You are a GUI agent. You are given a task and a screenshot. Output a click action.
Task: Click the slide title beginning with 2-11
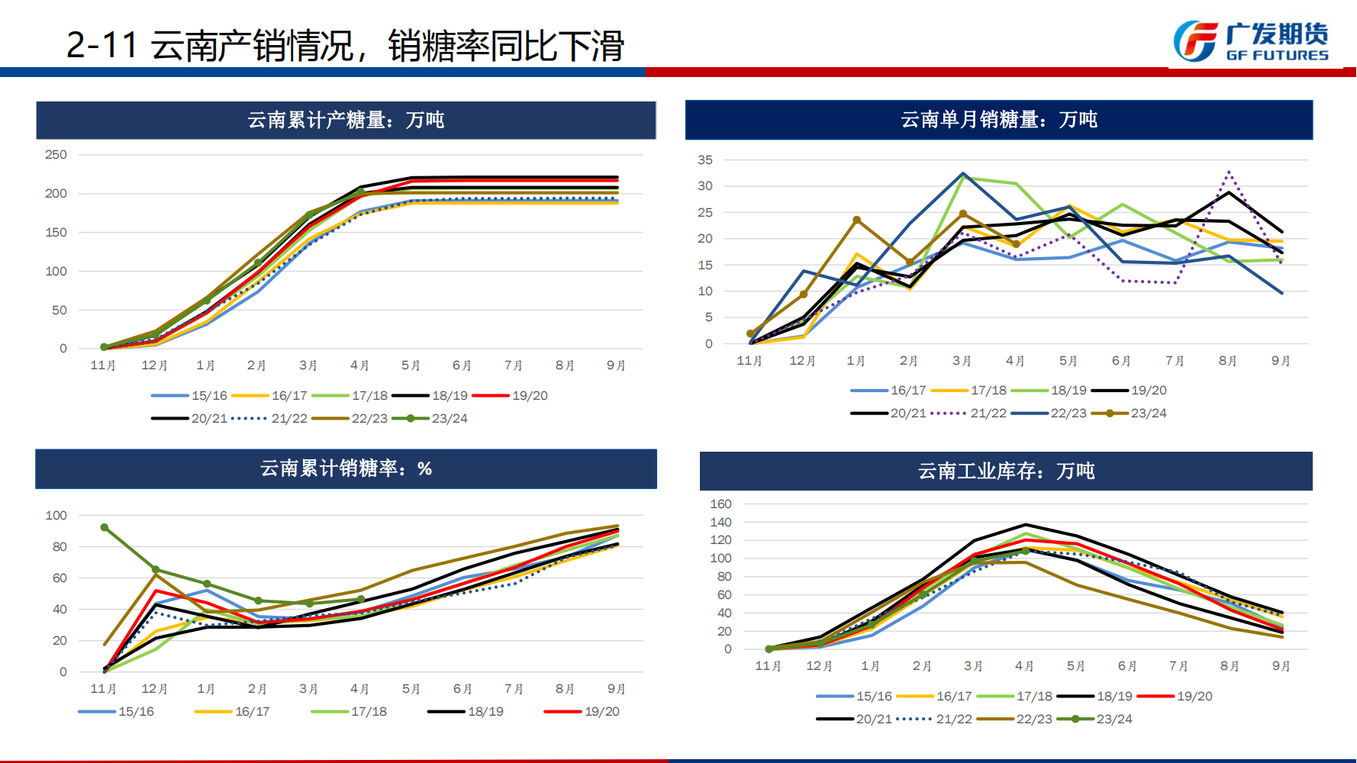tap(345, 46)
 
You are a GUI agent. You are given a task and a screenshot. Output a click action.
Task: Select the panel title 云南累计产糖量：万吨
tap(346, 120)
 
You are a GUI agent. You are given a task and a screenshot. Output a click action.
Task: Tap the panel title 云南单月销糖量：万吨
tap(998, 120)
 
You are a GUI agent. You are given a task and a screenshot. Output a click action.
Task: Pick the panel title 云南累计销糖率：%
tap(346, 468)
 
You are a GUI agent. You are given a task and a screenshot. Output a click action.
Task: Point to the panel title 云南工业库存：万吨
tap(1006, 471)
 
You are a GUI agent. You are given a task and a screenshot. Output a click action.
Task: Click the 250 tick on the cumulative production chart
tap(56, 155)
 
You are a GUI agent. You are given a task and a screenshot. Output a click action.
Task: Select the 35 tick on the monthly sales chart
tap(704, 160)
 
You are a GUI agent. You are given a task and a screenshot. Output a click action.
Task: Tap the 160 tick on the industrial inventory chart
tap(720, 504)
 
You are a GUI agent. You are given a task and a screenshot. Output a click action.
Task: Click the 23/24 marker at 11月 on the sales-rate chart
tap(105, 527)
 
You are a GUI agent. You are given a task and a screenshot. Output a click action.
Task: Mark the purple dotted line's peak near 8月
tap(1229, 173)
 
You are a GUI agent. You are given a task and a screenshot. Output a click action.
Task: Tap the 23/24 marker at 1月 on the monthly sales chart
tap(856, 220)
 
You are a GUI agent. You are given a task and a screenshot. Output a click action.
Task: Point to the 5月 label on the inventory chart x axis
tap(1075, 666)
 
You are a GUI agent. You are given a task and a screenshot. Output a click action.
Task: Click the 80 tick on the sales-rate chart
tap(60, 547)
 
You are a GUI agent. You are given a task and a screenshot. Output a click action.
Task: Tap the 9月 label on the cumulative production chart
tap(616, 365)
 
